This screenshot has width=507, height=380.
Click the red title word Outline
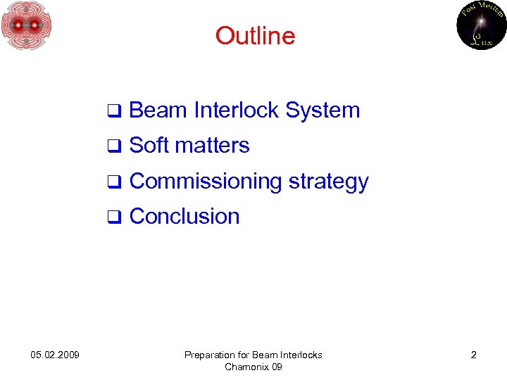[x=255, y=35]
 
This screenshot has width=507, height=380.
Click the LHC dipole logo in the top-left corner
[x=27, y=26]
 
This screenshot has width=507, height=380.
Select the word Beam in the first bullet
[x=158, y=110]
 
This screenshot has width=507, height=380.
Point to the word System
[x=323, y=110]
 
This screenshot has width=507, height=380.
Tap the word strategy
[x=329, y=182]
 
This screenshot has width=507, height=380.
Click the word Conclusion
[x=184, y=217]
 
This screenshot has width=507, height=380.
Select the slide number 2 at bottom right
[x=473, y=355]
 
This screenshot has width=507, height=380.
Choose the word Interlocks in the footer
[x=298, y=355]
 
